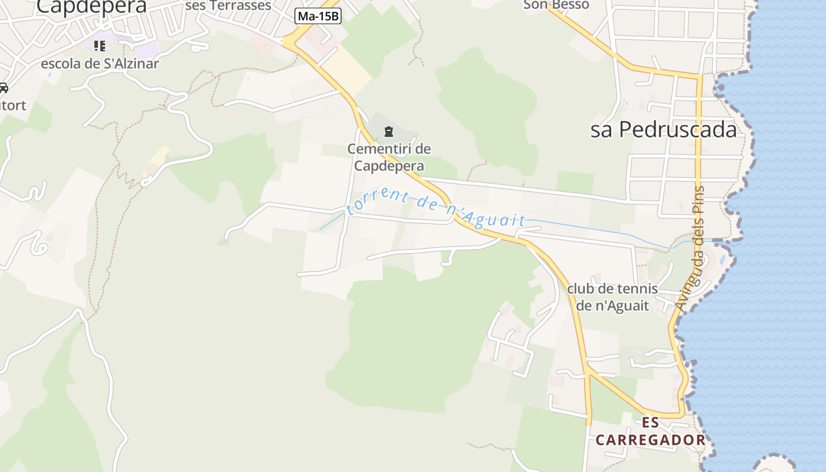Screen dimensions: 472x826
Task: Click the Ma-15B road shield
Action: click(318, 16)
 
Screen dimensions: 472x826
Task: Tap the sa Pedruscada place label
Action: click(664, 130)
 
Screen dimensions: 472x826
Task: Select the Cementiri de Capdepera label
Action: click(389, 157)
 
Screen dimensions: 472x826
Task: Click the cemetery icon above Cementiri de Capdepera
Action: click(388, 131)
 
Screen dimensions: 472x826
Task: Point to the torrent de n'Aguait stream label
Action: click(436, 208)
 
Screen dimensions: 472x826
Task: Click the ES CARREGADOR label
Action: click(650, 431)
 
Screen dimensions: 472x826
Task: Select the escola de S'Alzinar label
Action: click(100, 64)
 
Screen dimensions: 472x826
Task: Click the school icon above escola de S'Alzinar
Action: click(99, 45)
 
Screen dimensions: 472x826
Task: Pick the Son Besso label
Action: click(556, 5)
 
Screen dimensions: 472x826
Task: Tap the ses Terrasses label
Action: click(228, 5)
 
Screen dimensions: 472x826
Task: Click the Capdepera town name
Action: click(91, 6)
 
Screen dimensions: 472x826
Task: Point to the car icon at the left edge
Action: click(3, 88)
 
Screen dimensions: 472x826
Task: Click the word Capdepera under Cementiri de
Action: click(389, 165)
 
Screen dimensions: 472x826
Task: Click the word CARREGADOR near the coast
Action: click(650, 440)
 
